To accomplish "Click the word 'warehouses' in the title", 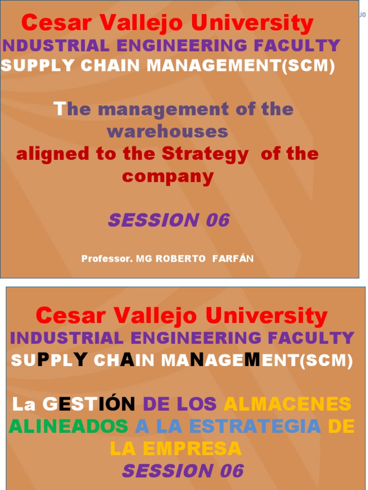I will point(167,131).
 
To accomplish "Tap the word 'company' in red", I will point(168,177).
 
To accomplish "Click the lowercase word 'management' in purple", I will point(163,109).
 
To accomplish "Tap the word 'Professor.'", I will point(107,259).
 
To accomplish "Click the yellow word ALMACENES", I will point(287,404).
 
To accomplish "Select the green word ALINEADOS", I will point(69,426).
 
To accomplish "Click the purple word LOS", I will point(196,404).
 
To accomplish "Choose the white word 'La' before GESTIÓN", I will point(24,404).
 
